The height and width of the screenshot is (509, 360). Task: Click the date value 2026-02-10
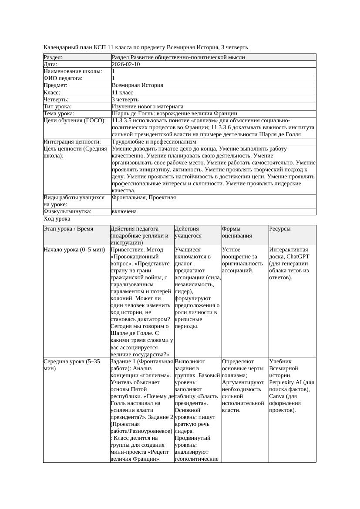[126, 64]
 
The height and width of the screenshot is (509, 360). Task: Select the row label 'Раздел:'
[53, 57]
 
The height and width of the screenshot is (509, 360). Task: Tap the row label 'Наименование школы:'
[73, 71]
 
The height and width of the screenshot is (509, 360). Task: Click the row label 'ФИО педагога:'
[63, 78]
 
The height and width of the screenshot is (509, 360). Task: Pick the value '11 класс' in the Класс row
[122, 93]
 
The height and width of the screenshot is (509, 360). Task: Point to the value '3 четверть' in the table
[125, 100]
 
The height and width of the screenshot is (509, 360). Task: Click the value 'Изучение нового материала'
[148, 107]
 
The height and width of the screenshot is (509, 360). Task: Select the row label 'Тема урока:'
[59, 114]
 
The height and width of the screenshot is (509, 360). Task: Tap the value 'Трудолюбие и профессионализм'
[154, 142]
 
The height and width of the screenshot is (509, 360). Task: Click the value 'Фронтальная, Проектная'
[144, 198]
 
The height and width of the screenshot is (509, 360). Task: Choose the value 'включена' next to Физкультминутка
[124, 211]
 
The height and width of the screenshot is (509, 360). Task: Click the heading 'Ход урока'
[57, 219]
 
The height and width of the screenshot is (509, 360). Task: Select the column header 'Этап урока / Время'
[68, 229]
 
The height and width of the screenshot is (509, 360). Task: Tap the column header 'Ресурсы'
[280, 229]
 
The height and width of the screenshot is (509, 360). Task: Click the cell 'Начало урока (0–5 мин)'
[74, 250]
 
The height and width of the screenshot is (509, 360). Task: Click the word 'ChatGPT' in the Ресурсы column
[298, 257]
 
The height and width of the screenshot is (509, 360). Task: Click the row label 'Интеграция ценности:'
[72, 142]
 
